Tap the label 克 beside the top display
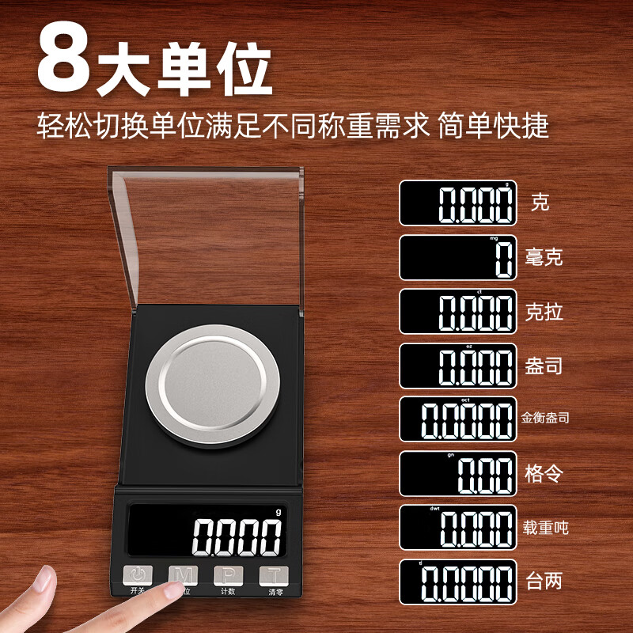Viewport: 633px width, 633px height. point(540,203)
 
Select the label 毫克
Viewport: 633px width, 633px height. point(544,257)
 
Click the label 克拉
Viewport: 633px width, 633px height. point(544,311)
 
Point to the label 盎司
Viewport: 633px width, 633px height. point(544,366)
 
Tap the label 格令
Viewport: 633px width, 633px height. point(544,474)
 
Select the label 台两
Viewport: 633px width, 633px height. point(544,582)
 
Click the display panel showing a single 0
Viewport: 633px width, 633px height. point(457,257)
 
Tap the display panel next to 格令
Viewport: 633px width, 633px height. point(457,473)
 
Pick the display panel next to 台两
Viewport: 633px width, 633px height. point(457,582)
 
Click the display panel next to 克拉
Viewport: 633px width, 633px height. point(457,311)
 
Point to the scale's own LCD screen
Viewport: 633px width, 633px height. point(207,533)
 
